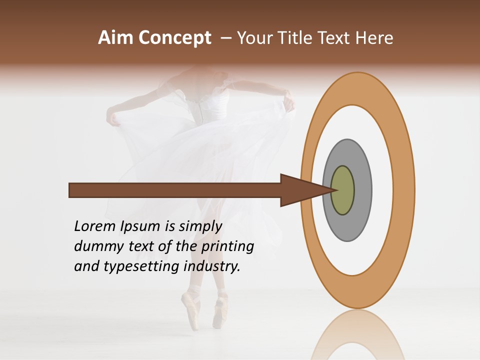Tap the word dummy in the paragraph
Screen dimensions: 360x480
pos(96,246)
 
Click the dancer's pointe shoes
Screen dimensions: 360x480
pos(205,310)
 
